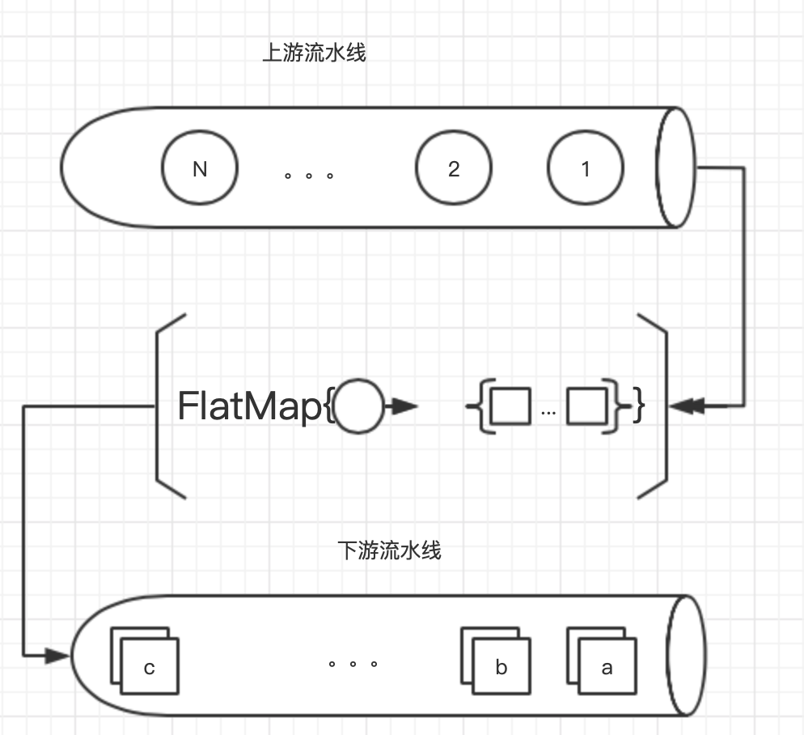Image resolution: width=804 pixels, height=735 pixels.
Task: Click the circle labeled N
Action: [200, 169]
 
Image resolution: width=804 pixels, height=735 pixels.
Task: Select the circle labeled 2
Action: [454, 168]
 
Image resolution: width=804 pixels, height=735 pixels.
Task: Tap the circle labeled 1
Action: [586, 169]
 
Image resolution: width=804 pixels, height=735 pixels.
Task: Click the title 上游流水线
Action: [315, 53]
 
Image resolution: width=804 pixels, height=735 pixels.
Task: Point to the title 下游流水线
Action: [389, 550]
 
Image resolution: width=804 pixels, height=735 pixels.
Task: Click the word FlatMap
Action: [249, 406]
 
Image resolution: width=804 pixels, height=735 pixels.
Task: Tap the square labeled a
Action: [607, 667]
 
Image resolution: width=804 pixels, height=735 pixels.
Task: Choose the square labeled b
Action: [501, 667]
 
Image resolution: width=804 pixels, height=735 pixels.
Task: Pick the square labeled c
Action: [150, 667]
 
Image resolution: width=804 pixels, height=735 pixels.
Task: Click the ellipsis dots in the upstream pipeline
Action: [309, 174]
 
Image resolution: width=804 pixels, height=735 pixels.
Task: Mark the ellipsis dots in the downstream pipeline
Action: [353, 664]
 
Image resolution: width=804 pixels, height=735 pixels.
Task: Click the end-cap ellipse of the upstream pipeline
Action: [676, 167]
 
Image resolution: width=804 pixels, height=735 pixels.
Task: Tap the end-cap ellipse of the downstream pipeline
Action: [686, 656]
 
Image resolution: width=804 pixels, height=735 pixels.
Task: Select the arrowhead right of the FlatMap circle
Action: [404, 406]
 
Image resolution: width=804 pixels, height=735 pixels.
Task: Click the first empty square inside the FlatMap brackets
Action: [511, 406]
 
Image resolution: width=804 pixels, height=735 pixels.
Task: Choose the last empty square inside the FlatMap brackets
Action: [586, 406]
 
